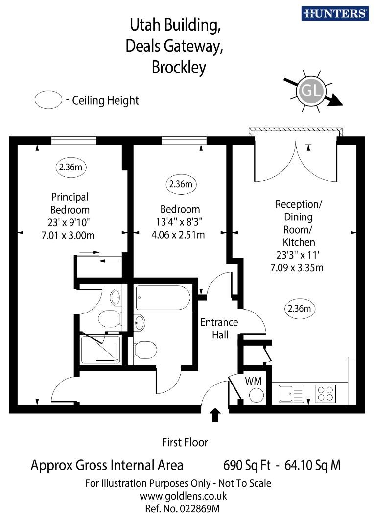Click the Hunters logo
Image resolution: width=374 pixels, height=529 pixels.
pyautogui.click(x=335, y=13)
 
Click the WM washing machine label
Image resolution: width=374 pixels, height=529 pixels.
pyautogui.click(x=253, y=380)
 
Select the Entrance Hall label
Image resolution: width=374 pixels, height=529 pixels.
pyautogui.click(x=219, y=329)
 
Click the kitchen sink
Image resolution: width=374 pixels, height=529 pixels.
pyautogui.click(x=291, y=393)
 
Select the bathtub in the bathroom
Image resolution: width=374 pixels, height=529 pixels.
pyautogui.click(x=163, y=298)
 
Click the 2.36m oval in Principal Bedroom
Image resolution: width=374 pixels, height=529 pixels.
pyautogui.click(x=70, y=167)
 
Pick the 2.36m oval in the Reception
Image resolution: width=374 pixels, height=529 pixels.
pyautogui.click(x=300, y=309)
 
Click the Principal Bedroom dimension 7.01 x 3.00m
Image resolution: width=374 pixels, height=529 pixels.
pyautogui.click(x=69, y=235)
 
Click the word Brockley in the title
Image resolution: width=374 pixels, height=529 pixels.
pyautogui.click(x=179, y=67)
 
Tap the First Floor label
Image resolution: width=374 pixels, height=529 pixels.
pyautogui.click(x=185, y=443)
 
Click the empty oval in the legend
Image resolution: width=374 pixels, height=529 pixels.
pyautogui.click(x=48, y=100)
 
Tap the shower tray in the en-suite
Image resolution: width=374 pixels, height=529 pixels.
pyautogui.click(x=100, y=349)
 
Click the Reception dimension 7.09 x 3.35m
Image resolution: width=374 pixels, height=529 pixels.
pyautogui.click(x=297, y=267)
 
